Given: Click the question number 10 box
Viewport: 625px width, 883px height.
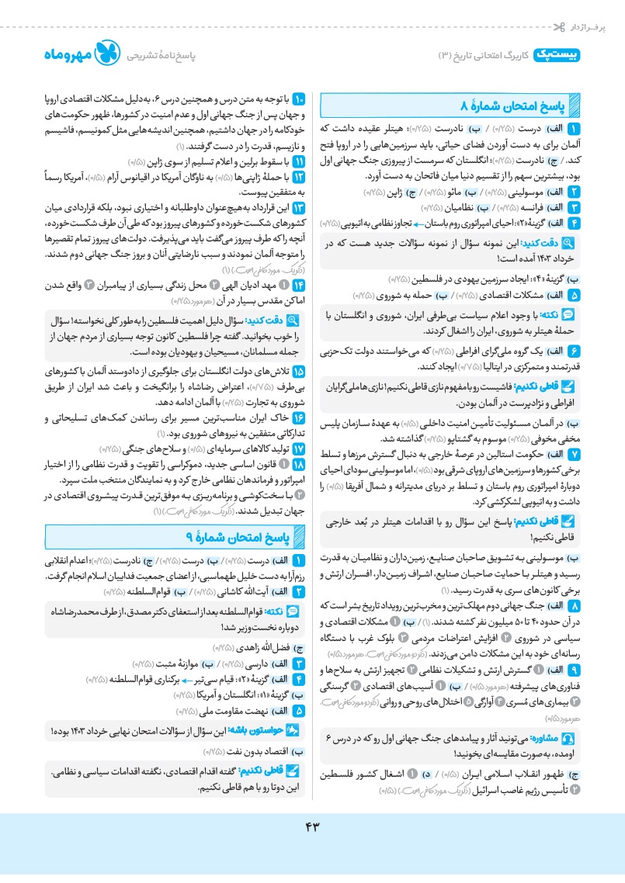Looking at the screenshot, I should click(298, 100).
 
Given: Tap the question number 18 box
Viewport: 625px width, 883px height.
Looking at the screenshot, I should click(298, 463).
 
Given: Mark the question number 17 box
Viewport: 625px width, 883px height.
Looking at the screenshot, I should click(298, 448).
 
